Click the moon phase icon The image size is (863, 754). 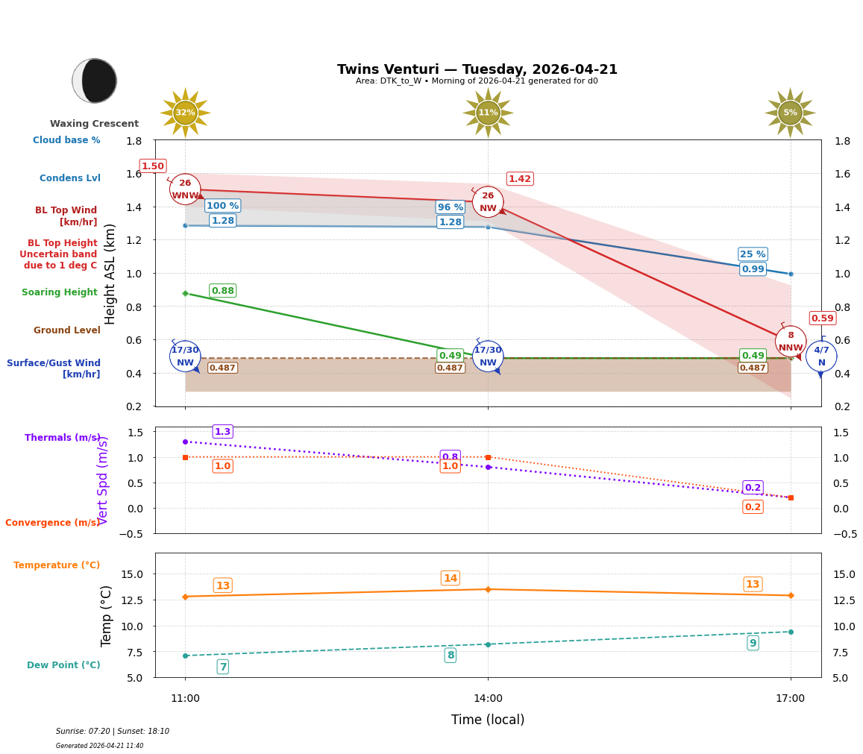pos(95,81)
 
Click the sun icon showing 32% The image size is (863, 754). pos(185,113)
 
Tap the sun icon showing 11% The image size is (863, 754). pos(488,113)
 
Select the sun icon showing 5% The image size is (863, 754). pos(790,113)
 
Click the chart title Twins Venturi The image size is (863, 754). pos(477,69)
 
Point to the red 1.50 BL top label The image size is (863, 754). pos(152,166)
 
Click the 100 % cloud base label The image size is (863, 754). pos(222,206)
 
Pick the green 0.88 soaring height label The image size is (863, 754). pos(222,291)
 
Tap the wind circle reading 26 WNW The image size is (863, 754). pos(185,189)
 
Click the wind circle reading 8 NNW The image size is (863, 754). pos(791,342)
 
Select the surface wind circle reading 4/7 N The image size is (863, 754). pos(821,356)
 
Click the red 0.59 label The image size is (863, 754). pos(822,318)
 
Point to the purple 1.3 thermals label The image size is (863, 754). pos(222,432)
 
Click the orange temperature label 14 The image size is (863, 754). pos(450,579)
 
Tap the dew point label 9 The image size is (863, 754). pos(753,643)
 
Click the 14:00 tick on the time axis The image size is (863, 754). pos(488,698)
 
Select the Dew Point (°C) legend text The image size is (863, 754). pos(63,665)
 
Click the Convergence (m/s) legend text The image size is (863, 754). pos(52,523)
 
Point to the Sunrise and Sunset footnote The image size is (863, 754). pos(113,732)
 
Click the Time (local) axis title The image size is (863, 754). pos(488,720)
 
